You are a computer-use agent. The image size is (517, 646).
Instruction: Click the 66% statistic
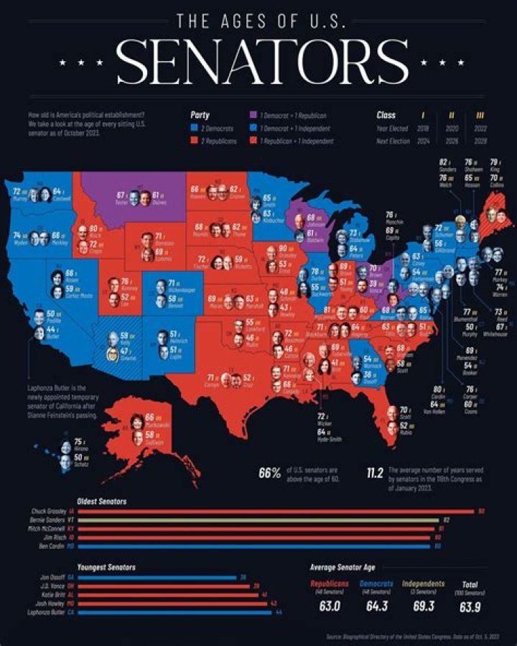[x=269, y=473]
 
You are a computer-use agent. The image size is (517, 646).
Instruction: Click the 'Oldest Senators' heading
[x=103, y=500]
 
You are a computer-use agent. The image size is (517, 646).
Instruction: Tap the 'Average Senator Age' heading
[x=342, y=566]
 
